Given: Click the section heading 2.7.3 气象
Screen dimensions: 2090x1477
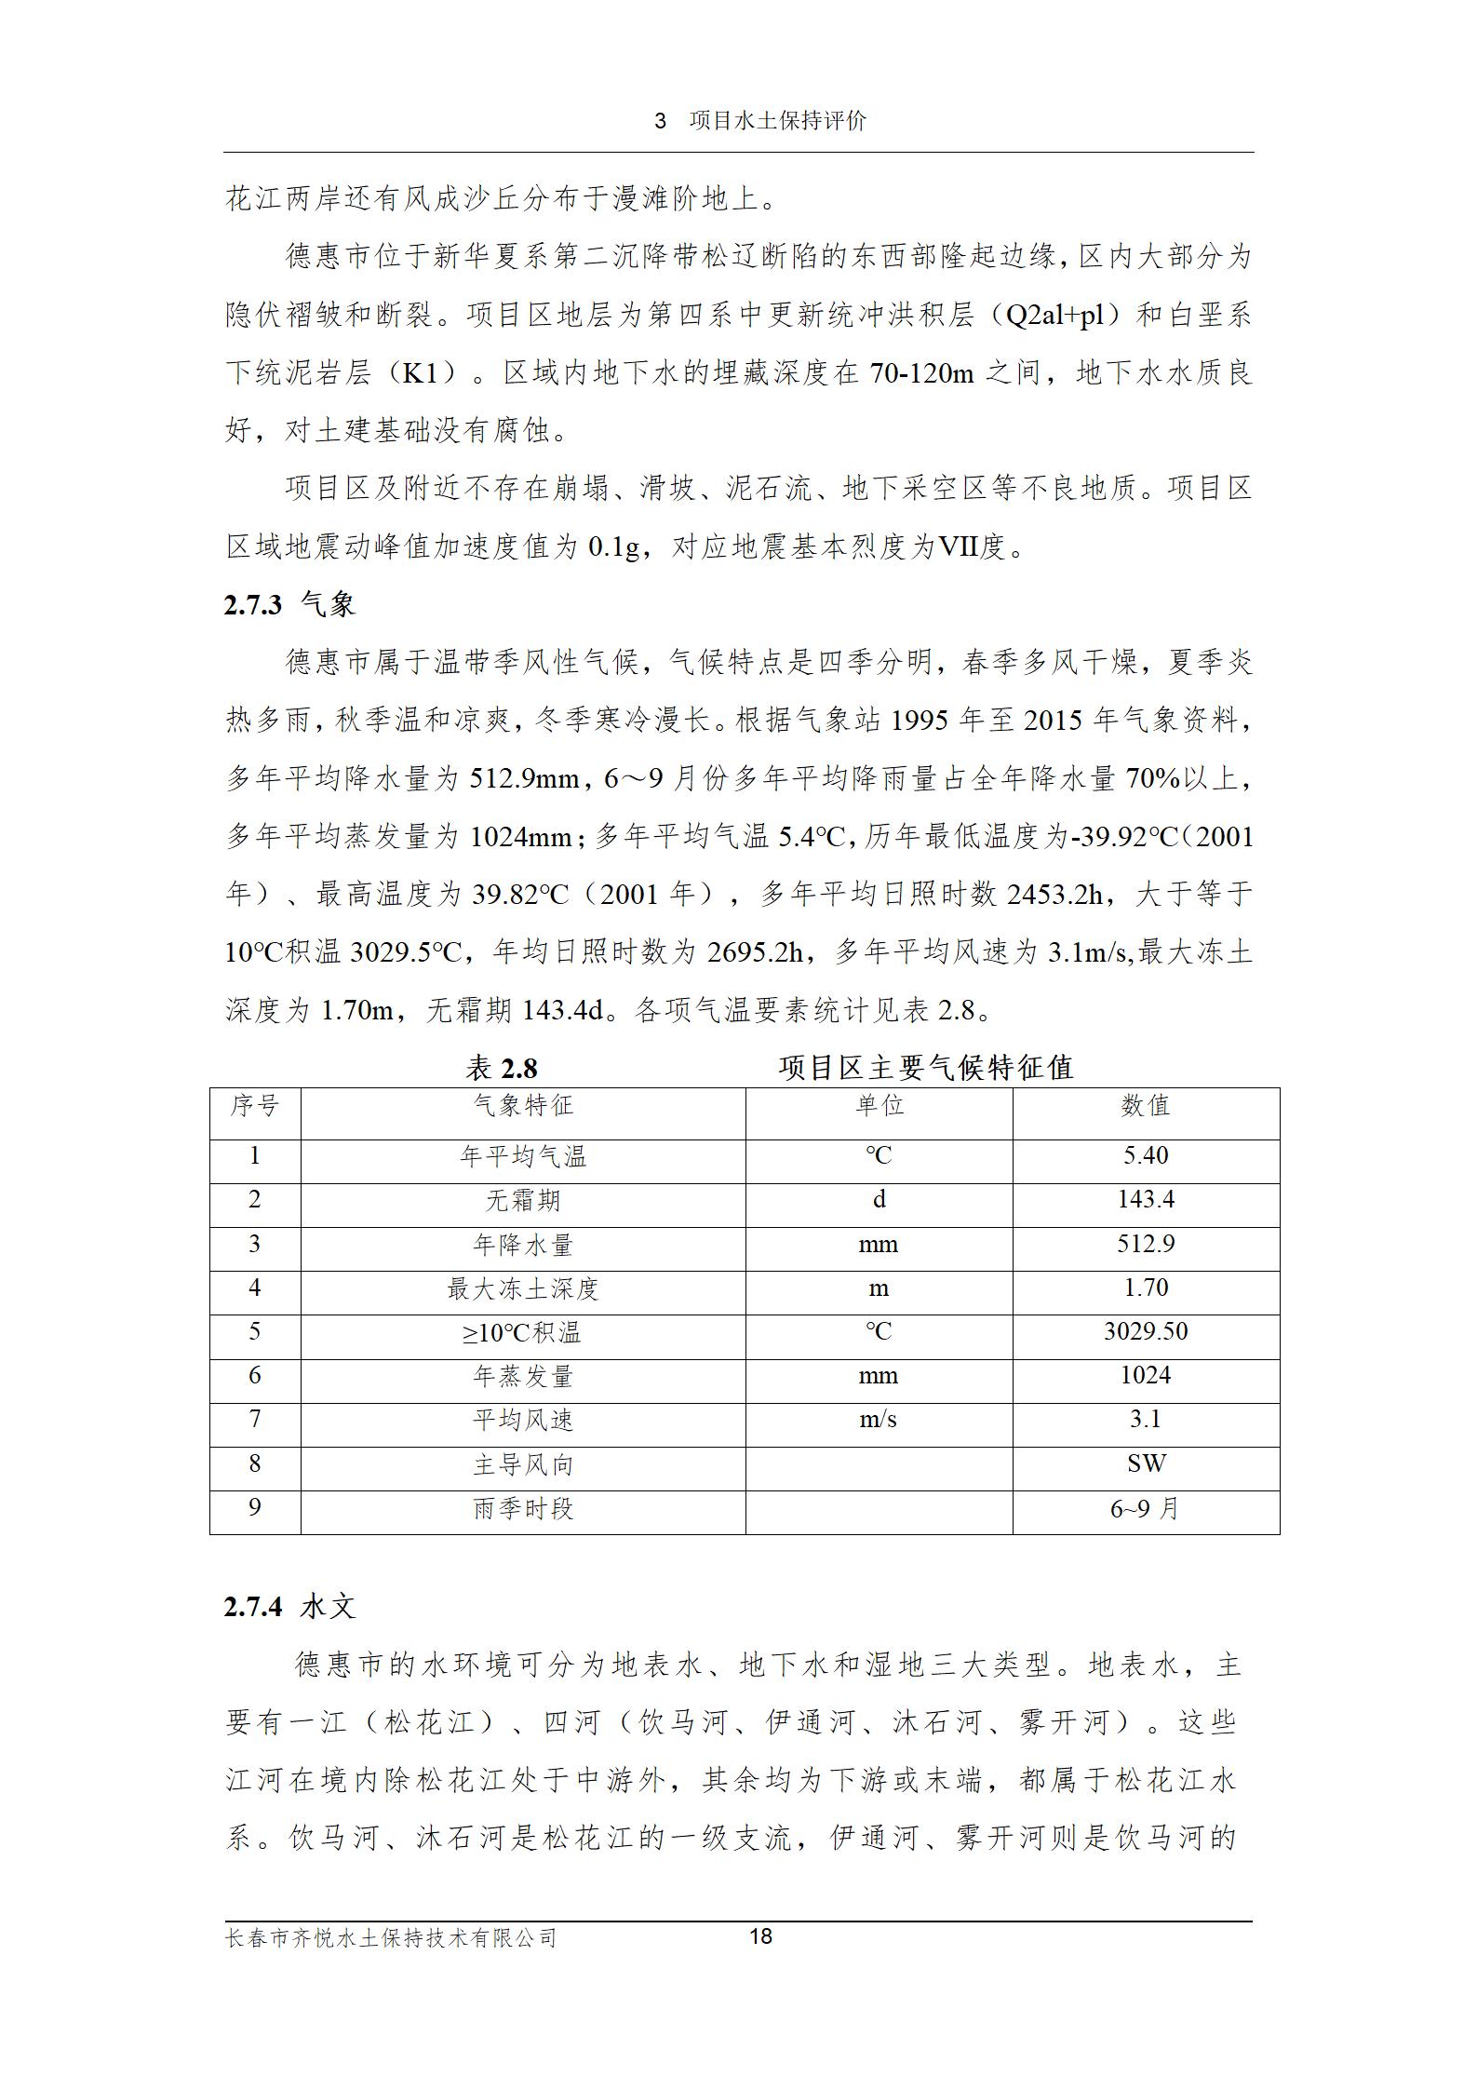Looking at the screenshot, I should (x=289, y=605).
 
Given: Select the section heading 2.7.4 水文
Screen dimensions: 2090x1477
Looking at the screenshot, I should (x=289, y=1606).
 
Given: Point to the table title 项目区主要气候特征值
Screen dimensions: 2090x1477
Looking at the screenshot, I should (x=925, y=1067).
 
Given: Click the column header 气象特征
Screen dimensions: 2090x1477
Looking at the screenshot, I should (x=523, y=1106).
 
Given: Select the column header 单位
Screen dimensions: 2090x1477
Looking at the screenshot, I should (x=879, y=1106).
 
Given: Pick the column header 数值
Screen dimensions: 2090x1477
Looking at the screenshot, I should (x=1145, y=1106).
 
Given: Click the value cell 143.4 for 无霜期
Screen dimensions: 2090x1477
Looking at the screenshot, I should (x=1145, y=1199).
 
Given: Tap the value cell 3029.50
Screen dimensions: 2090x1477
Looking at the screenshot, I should (x=1145, y=1331).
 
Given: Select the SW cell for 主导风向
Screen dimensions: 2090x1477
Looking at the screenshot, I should (x=1145, y=1463).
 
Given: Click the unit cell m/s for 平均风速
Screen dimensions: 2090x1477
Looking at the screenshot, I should (x=879, y=1420).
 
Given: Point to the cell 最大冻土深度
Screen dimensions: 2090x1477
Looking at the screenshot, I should (x=523, y=1288).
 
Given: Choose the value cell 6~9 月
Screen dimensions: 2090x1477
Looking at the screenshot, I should (x=1145, y=1508).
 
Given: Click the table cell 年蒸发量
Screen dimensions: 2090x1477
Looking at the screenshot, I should (x=523, y=1376).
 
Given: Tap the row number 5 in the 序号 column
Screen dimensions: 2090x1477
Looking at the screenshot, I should (x=255, y=1331).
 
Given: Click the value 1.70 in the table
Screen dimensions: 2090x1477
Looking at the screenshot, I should (x=1145, y=1288).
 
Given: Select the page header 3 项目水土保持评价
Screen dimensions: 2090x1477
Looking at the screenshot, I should (x=760, y=120).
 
